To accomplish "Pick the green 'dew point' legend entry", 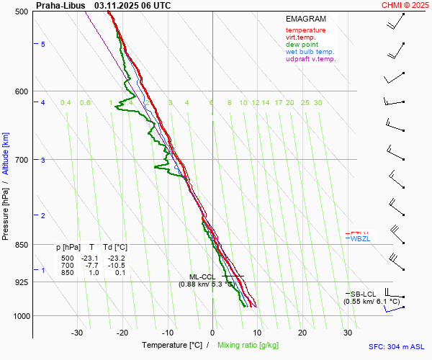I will [x=302, y=45].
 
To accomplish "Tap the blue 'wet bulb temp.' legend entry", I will [x=310, y=52].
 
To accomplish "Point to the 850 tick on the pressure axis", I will [x=22, y=245].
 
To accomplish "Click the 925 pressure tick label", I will [x=22, y=282].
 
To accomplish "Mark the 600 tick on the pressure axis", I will [x=22, y=91].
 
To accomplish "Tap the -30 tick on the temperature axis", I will [x=77, y=333].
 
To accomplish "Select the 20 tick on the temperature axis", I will [x=302, y=333].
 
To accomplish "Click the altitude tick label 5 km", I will [x=43, y=45].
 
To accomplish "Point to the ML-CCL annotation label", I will [x=202, y=276].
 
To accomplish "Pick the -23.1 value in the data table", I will [x=91, y=258].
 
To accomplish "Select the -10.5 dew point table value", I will [x=116, y=265].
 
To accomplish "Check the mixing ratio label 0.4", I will [x=66, y=103].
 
